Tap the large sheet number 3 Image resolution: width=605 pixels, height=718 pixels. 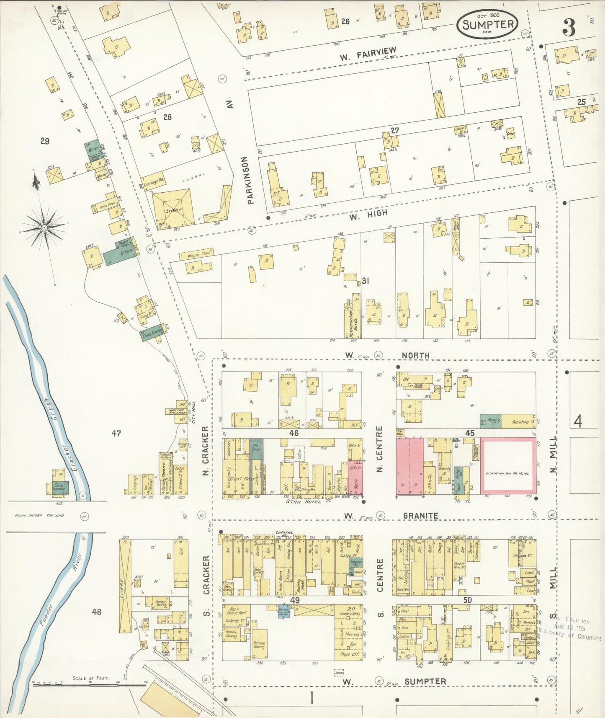click(569, 28)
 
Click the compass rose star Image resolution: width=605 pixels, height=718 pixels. click(44, 227)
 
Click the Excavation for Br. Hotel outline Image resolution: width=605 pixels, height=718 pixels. click(507, 473)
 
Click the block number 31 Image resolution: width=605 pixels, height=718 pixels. click(366, 281)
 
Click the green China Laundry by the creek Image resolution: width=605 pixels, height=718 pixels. click(59, 486)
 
